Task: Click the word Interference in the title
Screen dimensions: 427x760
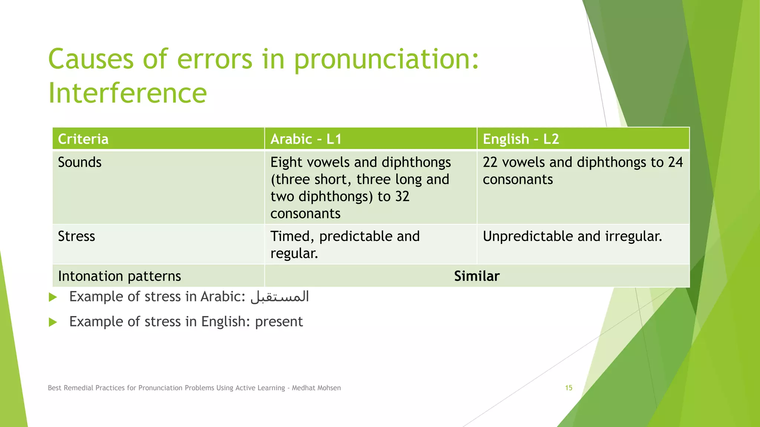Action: [x=127, y=93]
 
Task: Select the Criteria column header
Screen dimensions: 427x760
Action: [x=83, y=139]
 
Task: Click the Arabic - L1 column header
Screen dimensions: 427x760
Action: [x=306, y=139]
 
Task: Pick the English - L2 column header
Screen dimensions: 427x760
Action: [x=521, y=139]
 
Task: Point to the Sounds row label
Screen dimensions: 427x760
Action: [x=80, y=162]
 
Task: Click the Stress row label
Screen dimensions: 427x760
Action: [x=76, y=236]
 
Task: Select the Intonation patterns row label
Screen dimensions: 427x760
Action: [x=119, y=276]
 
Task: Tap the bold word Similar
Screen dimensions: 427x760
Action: [x=477, y=276]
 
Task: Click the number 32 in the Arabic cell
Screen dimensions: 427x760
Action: [x=402, y=196]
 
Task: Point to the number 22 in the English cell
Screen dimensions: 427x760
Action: [x=490, y=162]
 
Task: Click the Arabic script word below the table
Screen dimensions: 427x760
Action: [x=280, y=297]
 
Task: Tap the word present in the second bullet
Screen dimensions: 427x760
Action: [x=279, y=322]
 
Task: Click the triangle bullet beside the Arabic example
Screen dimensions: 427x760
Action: [x=53, y=297]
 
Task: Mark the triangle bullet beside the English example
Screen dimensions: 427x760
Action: [x=53, y=322]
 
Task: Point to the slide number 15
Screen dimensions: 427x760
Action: [x=569, y=388]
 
